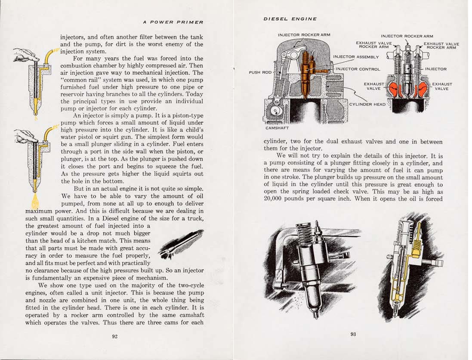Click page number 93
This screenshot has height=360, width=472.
coord(353,334)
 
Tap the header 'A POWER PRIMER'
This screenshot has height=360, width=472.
coord(173,22)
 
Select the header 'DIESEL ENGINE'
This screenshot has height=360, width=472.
coord(290,19)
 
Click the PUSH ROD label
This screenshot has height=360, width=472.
coord(260,72)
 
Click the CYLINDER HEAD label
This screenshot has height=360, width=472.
coord(367,104)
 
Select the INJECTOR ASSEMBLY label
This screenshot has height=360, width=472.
coord(355,56)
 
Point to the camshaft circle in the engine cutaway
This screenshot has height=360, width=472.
coord(275,111)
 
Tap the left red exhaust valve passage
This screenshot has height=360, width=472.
coord(392,88)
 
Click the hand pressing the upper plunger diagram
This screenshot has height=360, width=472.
coord(26,54)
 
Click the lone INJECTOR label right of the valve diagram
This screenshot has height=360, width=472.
coord(435,69)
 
